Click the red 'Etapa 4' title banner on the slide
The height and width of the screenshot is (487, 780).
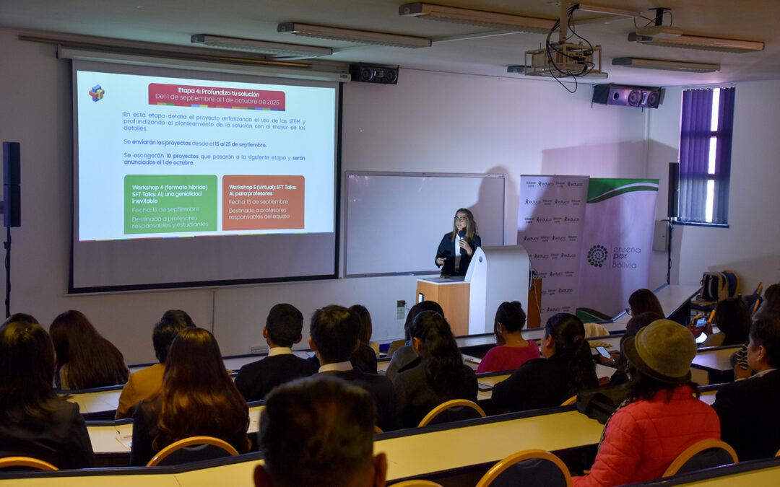point(217,96)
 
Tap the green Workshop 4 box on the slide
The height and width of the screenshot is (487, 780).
point(170,203)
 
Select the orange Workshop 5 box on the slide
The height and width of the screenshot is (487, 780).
point(263,202)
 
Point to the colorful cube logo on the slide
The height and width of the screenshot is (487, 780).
point(96,92)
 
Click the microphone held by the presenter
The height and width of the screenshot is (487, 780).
point(460,236)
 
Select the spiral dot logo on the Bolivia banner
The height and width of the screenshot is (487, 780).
point(597,255)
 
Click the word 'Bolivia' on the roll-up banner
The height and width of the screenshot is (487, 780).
point(625,265)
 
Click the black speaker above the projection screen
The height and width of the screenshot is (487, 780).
point(373,74)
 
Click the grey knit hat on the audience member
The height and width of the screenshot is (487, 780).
point(659,349)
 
